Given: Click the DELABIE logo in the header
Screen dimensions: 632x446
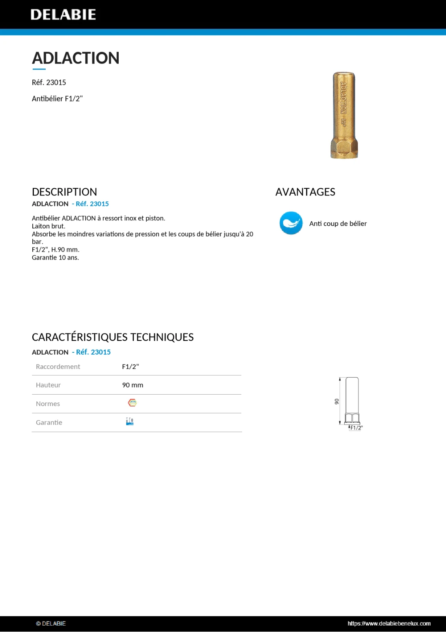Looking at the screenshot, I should (x=63, y=15).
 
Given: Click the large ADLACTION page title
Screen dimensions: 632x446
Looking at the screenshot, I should (x=75, y=58).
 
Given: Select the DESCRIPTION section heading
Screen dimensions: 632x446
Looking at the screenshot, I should (x=64, y=192).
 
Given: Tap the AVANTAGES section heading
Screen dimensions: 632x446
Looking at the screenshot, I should (x=305, y=192).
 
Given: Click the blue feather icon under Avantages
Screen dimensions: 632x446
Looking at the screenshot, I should (x=291, y=223).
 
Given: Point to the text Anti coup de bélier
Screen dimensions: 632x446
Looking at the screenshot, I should (x=338, y=224).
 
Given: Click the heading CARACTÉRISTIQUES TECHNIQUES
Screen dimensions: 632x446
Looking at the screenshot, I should (x=112, y=337).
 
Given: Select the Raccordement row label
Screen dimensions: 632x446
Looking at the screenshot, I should (x=58, y=367).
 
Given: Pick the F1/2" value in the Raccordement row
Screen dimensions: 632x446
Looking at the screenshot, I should (x=130, y=367).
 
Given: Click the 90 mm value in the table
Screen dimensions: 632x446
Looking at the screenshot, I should (x=132, y=385).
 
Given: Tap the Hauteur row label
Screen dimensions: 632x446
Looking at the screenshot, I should (x=48, y=385).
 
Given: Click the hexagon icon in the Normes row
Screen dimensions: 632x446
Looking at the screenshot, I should (x=132, y=403).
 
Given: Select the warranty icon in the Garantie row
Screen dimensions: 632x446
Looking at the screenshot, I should (x=130, y=421).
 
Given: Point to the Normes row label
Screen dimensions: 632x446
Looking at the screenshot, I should (x=48, y=404).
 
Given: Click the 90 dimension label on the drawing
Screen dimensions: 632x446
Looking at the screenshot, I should (x=336, y=401).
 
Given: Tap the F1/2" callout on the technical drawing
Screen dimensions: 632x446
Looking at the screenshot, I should (x=356, y=428).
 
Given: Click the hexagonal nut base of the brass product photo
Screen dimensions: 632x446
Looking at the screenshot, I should (x=344, y=149).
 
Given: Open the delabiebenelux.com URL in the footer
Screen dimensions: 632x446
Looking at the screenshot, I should (x=389, y=623).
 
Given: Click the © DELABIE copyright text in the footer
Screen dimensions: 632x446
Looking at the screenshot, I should (x=51, y=623).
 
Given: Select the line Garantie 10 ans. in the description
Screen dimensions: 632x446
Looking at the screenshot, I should (x=55, y=258).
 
